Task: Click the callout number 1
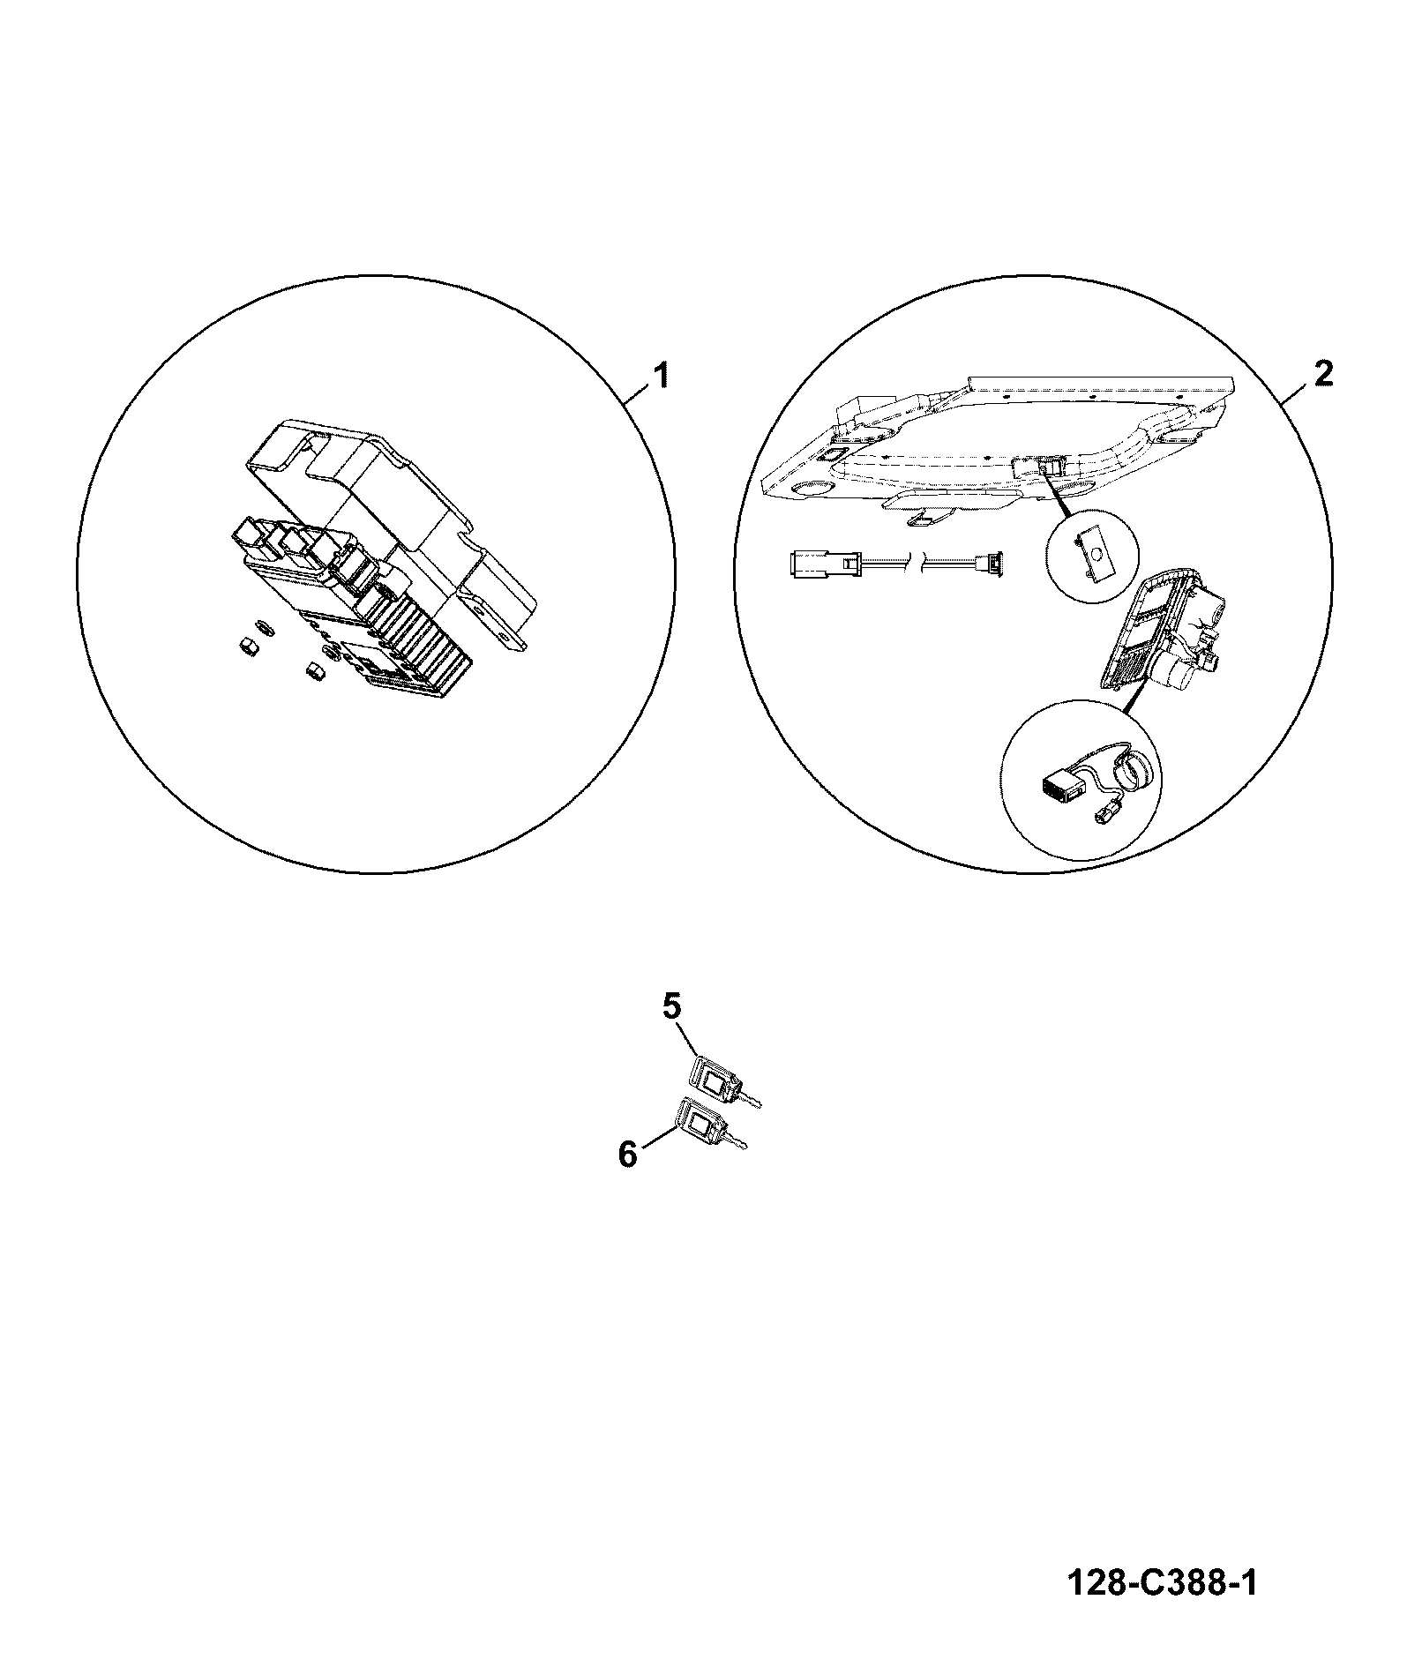[x=658, y=376]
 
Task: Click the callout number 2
[x=1322, y=374]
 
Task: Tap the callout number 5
[x=672, y=1007]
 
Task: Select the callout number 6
[x=627, y=1154]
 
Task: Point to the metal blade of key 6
[x=737, y=1141]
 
